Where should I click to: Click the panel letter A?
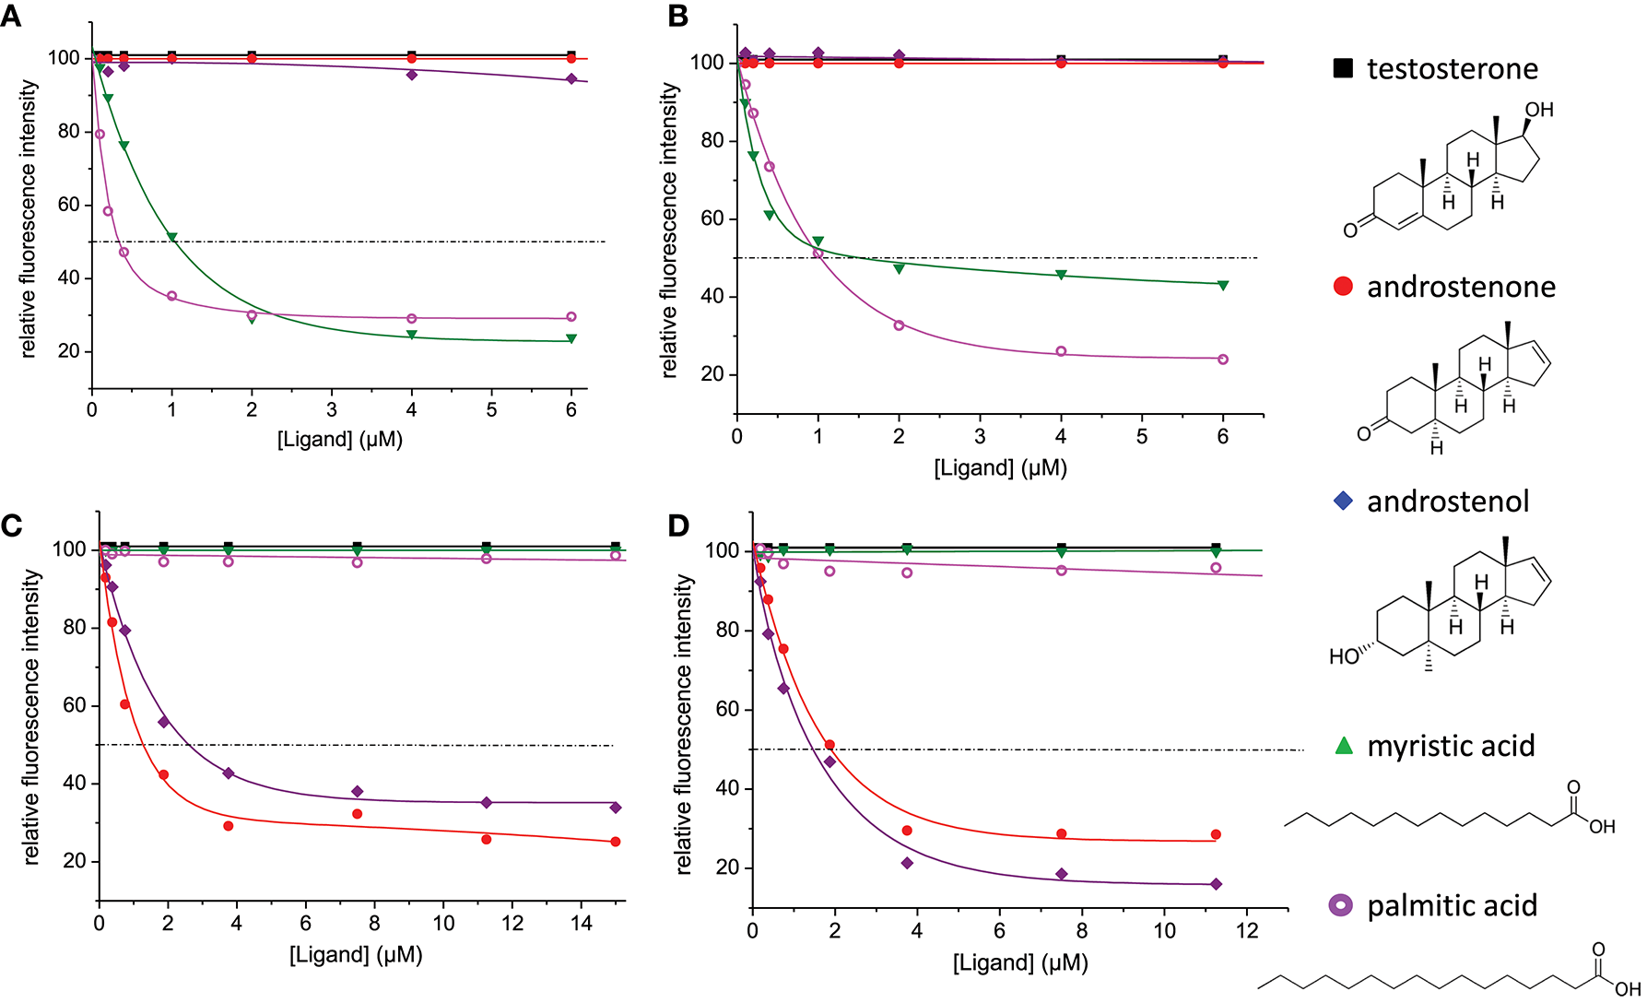10,16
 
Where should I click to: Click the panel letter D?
678,525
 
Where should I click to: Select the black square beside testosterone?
1343,68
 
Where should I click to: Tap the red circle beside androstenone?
1343,287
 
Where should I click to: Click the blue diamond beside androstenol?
1343,501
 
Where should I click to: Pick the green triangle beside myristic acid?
1344,746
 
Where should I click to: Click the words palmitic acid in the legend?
1452,905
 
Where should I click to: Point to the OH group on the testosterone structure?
1538,110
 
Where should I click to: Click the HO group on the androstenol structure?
1344,656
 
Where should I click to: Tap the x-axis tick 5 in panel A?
491,410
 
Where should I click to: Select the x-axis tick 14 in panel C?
582,924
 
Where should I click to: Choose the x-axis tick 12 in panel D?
1247,931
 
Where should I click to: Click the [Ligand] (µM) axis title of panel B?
1000,467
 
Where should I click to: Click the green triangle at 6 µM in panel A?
571,338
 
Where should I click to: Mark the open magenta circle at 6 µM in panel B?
1223,360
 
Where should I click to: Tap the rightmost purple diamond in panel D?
1216,884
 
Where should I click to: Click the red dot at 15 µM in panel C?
616,842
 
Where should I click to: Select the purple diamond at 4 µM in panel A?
412,75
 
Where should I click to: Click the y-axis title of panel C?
32,716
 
